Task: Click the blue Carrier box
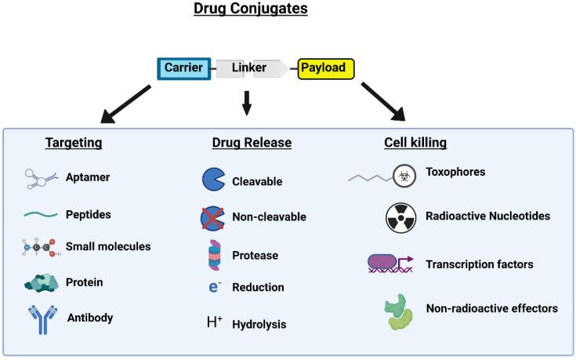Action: coord(184,68)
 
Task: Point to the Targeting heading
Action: coord(73,143)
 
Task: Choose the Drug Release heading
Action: coord(252,143)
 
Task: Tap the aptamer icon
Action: coord(42,179)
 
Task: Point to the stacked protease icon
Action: coord(213,255)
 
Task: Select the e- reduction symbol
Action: coord(213,288)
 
